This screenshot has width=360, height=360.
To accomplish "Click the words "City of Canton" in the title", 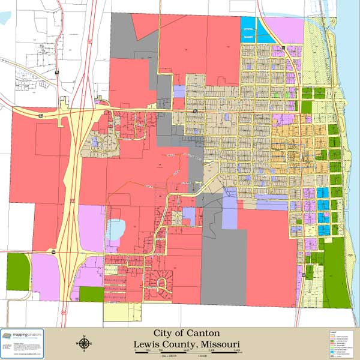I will coord(187,333).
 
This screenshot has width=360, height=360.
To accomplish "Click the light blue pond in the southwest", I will coord(116,229).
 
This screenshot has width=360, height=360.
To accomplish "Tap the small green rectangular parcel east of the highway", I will coord(91,294).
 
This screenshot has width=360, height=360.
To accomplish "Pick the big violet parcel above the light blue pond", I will coord(92,228).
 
